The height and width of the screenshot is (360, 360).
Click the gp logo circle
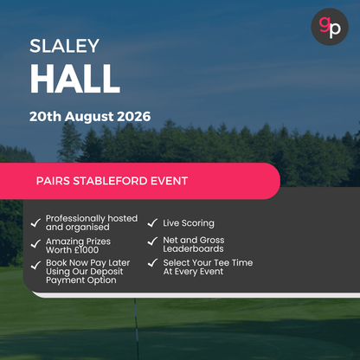[x=329, y=27]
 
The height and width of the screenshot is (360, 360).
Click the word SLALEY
[x=64, y=45]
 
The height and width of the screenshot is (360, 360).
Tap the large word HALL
[x=74, y=79]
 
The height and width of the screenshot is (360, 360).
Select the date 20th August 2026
[x=89, y=116]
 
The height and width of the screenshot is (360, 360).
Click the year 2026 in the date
[x=132, y=116]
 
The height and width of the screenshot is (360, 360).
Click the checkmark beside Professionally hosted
[x=35, y=223]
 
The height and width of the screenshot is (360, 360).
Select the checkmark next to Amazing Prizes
[x=35, y=245]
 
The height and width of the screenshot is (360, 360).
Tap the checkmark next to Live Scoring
[x=152, y=223]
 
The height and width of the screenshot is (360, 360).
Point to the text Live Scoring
[x=189, y=223]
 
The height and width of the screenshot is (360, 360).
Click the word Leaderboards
[x=193, y=248]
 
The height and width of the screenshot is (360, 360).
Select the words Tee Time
[x=232, y=262]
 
